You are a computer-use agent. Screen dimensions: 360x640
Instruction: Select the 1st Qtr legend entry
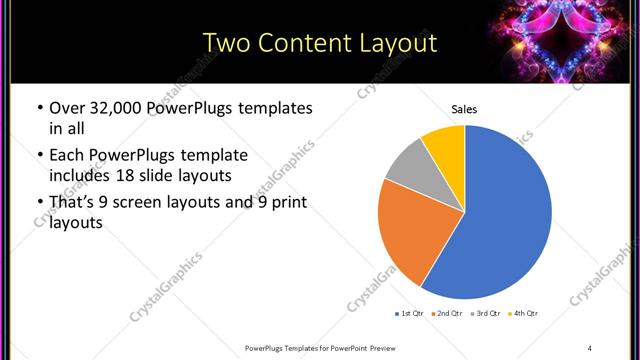click(x=410, y=314)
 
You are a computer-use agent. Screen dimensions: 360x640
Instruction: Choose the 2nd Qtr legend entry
click(x=446, y=314)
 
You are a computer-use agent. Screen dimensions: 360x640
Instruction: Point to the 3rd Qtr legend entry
click(x=483, y=314)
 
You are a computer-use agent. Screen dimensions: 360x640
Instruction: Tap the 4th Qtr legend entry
click(x=522, y=314)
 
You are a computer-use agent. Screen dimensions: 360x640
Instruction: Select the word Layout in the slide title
click(x=397, y=43)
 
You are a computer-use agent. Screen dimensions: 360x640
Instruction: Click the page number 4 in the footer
click(x=590, y=347)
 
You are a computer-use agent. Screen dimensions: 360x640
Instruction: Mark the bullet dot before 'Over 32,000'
click(x=39, y=108)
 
